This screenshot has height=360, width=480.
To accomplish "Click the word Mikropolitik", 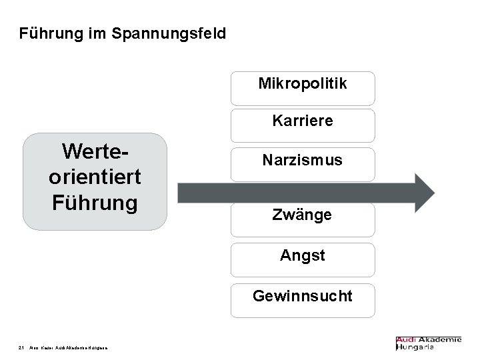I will [x=303, y=84].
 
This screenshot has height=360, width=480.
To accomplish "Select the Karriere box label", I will [x=303, y=122].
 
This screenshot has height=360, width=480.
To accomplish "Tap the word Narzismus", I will [x=303, y=161].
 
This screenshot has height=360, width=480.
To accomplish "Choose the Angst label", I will [x=303, y=255].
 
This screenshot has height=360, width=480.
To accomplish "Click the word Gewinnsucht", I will [x=303, y=295].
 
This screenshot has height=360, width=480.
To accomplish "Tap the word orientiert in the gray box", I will [x=95, y=176].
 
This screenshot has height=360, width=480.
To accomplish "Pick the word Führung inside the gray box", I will [x=95, y=201].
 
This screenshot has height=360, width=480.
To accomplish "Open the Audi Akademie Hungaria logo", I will [x=428, y=343].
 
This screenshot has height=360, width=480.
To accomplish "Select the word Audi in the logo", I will [x=409, y=339].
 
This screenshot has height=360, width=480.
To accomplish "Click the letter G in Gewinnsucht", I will [x=258, y=295].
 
